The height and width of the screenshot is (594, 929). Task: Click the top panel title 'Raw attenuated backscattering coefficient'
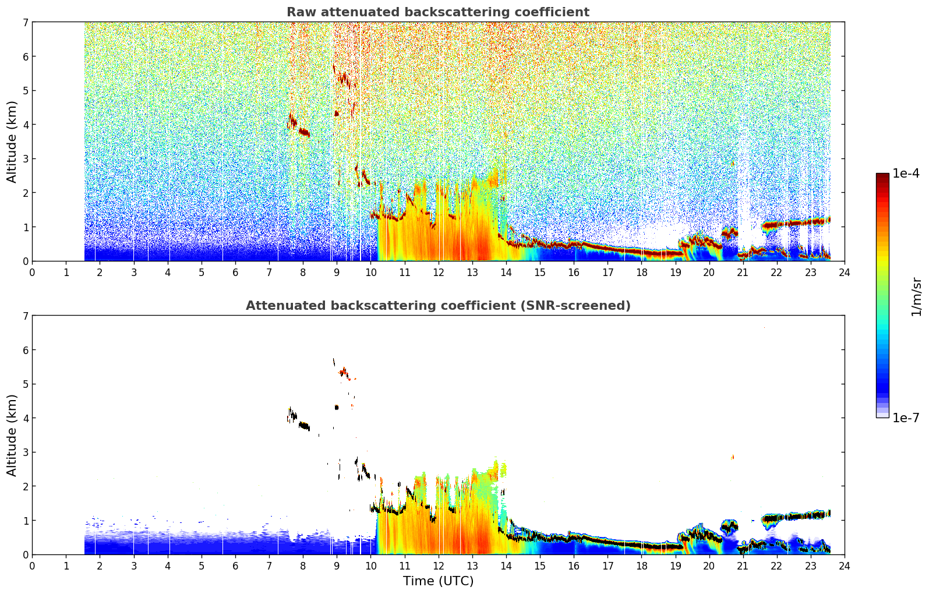[x=438, y=12]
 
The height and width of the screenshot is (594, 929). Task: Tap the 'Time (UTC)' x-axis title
[x=438, y=581]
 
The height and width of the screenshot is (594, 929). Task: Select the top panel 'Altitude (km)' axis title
[x=12, y=142]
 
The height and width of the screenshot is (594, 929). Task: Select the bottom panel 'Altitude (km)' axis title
[x=12, y=435]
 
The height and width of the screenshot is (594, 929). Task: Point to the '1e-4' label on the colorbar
[x=906, y=174]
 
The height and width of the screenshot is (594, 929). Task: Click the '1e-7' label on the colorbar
[x=906, y=418]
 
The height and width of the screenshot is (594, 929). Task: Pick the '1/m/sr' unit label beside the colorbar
[x=916, y=298]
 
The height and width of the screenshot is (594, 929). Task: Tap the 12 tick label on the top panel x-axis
[x=439, y=273]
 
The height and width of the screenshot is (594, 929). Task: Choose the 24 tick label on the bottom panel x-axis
[x=845, y=566]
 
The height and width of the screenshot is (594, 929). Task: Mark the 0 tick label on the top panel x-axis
[x=33, y=273]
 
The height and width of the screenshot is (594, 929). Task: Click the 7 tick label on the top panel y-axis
[x=25, y=22]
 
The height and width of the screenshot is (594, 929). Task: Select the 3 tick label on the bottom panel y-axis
[x=25, y=452]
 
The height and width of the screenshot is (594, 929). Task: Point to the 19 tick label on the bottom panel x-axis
[x=675, y=566]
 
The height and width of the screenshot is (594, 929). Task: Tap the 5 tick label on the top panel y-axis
[x=25, y=90]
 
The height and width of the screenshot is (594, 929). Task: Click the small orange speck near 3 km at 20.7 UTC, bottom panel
[x=732, y=457]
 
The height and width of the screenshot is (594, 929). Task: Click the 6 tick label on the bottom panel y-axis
[x=25, y=349]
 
